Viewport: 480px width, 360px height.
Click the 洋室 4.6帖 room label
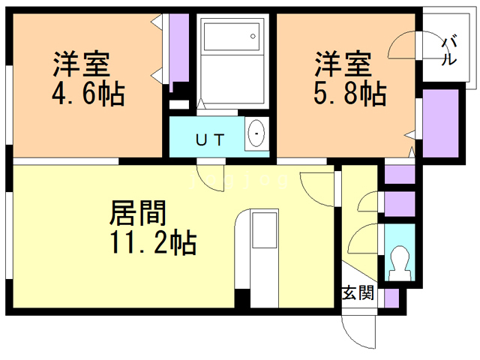tap(88, 79)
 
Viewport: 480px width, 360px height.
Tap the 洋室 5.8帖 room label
tap(350, 78)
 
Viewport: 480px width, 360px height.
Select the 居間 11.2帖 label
tap(153, 227)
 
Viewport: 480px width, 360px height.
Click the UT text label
tap(210, 140)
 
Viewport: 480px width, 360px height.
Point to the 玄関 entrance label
tap(358, 292)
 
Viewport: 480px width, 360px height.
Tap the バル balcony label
tap(449, 51)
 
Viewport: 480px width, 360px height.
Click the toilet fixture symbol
tap(400, 263)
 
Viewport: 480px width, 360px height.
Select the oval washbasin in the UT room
tap(256, 133)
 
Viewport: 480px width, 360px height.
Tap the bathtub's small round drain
tap(253, 37)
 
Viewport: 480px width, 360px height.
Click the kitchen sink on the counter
tap(265, 230)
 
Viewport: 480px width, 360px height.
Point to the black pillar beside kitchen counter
tap(242, 298)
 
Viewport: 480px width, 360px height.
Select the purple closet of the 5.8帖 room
tap(440, 124)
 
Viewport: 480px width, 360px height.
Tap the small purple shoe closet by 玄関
tap(391, 298)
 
